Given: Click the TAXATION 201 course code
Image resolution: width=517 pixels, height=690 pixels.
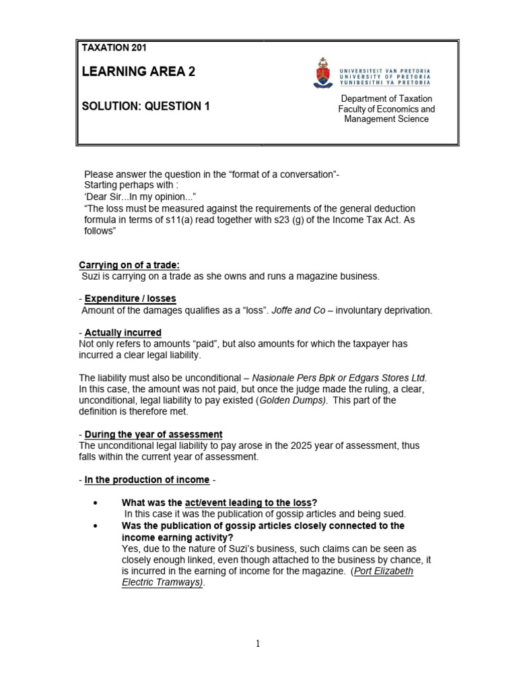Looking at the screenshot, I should (x=114, y=48).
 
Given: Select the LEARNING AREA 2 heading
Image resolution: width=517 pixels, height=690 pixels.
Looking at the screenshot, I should (x=138, y=72).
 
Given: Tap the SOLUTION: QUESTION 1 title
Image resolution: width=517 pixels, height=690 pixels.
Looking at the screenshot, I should (x=145, y=106).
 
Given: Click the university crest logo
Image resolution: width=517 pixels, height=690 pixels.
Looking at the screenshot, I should (x=322, y=73).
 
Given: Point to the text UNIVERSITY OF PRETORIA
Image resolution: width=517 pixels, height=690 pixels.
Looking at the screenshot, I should (x=386, y=77).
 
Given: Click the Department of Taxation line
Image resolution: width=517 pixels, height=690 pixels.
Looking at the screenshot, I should (x=386, y=98).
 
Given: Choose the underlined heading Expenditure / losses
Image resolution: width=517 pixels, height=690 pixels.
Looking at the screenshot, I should (x=130, y=299).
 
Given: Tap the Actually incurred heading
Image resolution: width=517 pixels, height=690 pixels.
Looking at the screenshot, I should (x=123, y=333).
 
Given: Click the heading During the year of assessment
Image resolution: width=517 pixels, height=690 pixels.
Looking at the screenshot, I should (x=153, y=435).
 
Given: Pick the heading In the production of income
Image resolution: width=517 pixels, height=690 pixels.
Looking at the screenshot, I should (x=147, y=480).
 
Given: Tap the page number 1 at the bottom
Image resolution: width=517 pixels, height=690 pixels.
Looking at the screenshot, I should (x=258, y=644).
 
